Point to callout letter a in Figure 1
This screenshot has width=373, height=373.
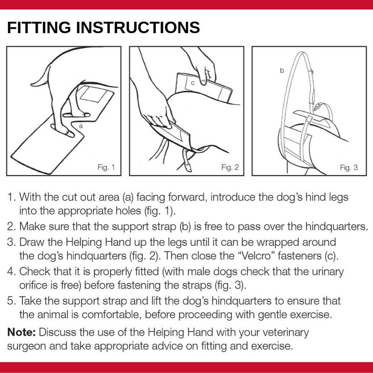tap(81, 126)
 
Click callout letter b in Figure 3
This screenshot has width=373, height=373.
tap(282, 70)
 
